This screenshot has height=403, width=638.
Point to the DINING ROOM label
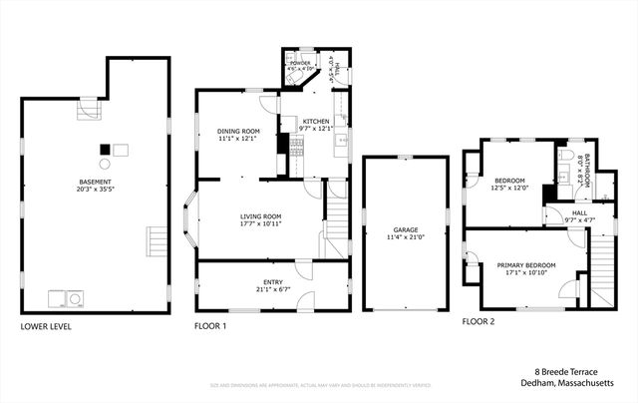pos(238,132)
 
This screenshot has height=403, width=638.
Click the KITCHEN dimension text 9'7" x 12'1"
pos(315,128)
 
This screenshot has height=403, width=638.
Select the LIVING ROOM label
pos(260,215)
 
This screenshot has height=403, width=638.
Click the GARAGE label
pos(404,231)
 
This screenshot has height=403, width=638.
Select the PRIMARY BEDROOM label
pos(526,264)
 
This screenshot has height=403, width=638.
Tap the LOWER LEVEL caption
pos(46,326)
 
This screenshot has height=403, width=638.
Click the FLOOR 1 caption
pos(211,326)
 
